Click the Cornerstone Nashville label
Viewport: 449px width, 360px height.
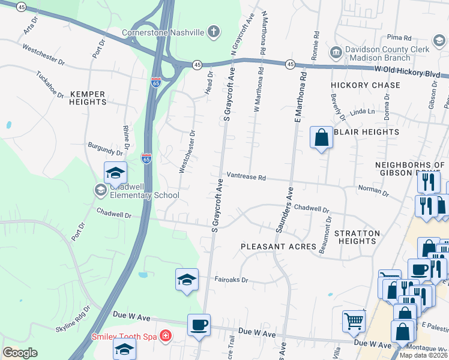pos(163,32)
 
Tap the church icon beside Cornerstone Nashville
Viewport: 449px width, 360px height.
pos(214,32)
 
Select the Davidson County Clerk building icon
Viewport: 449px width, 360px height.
pos(336,52)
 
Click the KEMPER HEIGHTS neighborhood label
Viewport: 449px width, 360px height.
pos(88,98)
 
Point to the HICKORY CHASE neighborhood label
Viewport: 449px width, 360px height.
pos(366,85)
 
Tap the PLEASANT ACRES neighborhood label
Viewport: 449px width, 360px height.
pos(278,247)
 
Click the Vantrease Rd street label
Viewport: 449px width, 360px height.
pos(246,178)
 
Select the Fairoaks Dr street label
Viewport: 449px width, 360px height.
pos(231,279)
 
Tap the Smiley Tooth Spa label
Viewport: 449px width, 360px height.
pos(123,337)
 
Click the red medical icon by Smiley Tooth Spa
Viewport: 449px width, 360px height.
pos(165,337)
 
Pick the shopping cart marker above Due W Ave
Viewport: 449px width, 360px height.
pos(354,321)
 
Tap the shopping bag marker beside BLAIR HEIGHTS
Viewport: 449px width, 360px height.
pos(322,137)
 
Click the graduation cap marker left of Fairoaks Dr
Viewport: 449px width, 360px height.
pos(187,280)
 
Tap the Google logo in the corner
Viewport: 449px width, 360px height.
pos(20,353)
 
